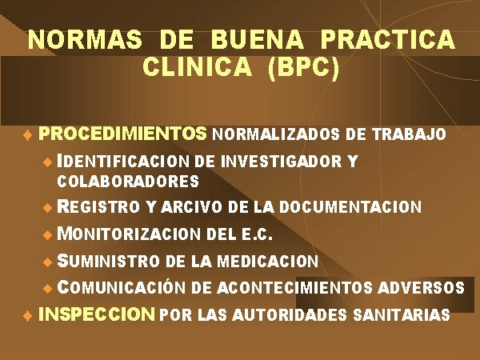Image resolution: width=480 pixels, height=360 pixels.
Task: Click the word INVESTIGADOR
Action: (x=284, y=161)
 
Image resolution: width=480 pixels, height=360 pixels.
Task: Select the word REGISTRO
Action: (x=99, y=207)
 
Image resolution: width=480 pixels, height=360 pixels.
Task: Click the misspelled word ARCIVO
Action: (x=192, y=207)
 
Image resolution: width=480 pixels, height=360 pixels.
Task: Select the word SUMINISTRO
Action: (x=109, y=261)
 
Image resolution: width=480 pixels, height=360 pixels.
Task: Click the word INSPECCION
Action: (x=96, y=314)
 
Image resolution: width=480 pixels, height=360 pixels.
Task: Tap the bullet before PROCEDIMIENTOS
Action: (x=27, y=134)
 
